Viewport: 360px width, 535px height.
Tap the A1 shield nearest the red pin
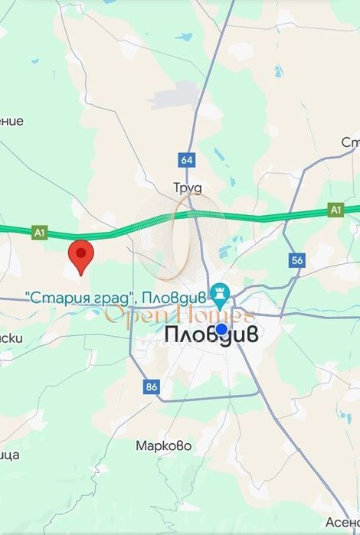pos(40,230)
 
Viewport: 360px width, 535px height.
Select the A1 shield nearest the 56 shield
pos(335,208)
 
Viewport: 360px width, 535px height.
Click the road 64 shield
pos(187,160)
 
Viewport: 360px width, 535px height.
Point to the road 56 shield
pos(297,260)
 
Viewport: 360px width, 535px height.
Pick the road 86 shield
pos(151,387)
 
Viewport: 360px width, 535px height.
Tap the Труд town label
pos(186,186)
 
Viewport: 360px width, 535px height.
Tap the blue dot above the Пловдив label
pos(221,329)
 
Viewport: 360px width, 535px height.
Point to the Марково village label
pos(163,445)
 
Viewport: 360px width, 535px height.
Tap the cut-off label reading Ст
pos(350,143)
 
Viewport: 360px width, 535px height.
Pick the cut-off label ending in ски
pos(11,338)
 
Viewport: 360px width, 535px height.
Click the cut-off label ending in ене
pos(11,121)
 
